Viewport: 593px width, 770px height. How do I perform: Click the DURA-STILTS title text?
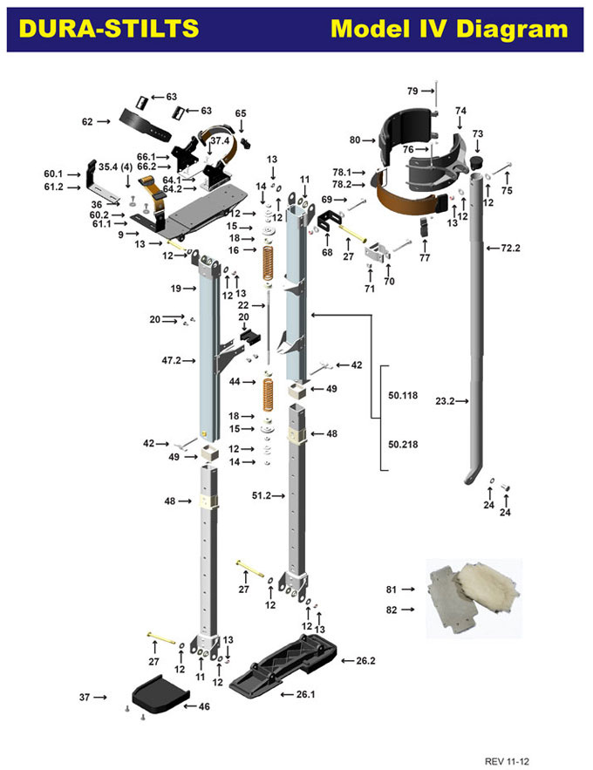coord(108,29)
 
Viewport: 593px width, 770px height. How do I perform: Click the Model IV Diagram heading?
coord(449,29)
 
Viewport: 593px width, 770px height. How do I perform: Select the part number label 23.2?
coord(446,401)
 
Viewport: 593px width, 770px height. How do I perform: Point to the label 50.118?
coord(404,395)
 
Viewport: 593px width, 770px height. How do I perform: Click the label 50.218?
coord(404,444)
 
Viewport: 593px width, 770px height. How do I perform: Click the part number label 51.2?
coord(263,495)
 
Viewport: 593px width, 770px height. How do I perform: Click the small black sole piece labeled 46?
coord(159,698)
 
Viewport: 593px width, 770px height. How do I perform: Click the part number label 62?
coord(87,122)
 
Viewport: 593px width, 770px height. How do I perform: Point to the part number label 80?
coord(355,140)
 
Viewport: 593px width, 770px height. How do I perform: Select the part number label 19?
coord(175,288)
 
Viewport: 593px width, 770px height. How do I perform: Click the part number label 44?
coord(235,382)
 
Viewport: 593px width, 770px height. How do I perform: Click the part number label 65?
coord(241,113)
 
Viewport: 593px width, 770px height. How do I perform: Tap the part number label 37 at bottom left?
coord(85,697)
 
